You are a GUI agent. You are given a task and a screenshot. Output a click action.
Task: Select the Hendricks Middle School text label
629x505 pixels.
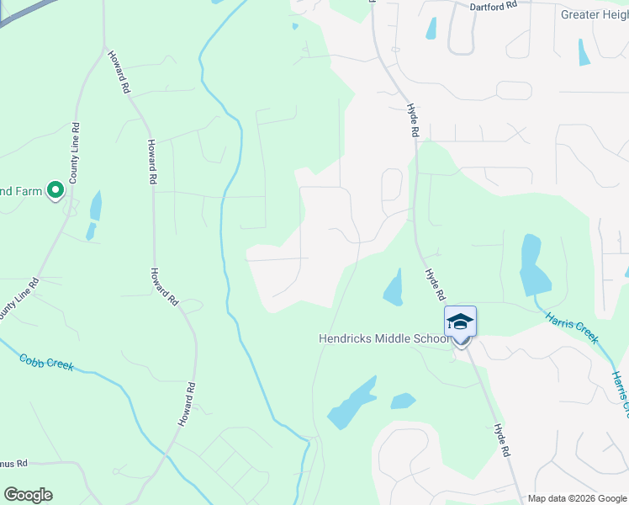point(384,338)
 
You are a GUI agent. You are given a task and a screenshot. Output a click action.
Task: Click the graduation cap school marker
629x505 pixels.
point(460,322)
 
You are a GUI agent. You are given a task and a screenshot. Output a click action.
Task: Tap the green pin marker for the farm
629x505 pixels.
point(55,190)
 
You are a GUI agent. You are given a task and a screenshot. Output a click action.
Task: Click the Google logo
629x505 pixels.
point(28,495)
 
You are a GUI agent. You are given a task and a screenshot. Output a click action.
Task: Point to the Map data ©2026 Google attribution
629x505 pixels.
point(578,499)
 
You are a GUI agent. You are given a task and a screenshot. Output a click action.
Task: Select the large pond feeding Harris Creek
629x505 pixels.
point(531,265)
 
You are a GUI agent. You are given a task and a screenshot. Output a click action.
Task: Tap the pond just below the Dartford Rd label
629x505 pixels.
point(431,29)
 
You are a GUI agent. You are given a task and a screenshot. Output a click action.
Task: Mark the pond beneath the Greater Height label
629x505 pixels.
point(584,52)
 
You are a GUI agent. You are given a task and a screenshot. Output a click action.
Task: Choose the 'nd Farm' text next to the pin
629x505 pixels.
point(21,191)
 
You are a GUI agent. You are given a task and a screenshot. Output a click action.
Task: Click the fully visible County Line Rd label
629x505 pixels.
point(75,153)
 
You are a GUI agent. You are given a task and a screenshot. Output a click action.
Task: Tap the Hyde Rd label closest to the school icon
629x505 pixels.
point(434,285)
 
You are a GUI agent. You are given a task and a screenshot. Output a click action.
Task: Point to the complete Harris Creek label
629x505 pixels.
point(572,327)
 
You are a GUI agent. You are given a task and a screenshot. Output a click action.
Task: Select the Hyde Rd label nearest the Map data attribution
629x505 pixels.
point(503,440)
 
